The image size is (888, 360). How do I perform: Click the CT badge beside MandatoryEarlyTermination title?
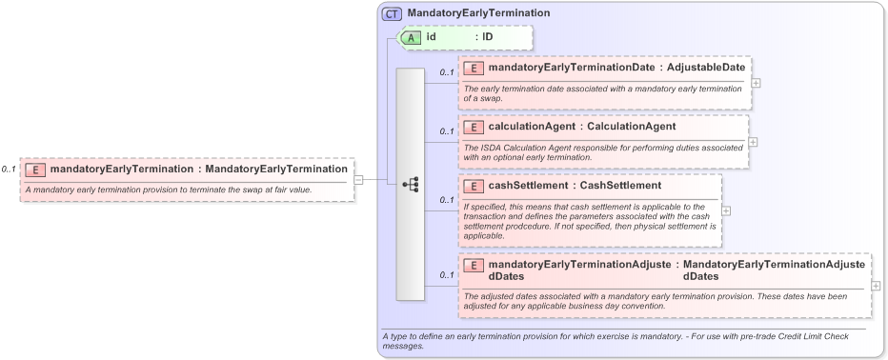[x=392, y=13]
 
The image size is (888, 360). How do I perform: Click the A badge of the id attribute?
[x=412, y=37]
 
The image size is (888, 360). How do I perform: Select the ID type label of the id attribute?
[x=487, y=37]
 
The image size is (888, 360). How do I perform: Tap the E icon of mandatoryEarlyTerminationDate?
[x=474, y=69]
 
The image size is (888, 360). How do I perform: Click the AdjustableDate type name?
[x=705, y=69]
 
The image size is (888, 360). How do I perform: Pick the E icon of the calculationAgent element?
[x=474, y=127]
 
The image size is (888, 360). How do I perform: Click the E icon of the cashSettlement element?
[x=474, y=186]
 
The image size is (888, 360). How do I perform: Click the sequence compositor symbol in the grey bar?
[x=411, y=184]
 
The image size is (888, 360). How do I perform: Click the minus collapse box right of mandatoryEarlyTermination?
[x=358, y=178]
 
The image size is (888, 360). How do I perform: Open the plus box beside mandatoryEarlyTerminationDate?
[x=756, y=82]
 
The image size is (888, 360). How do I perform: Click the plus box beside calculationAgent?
[x=753, y=142]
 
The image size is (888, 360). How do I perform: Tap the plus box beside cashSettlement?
[x=726, y=210]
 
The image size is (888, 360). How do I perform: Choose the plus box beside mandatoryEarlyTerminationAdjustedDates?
[x=876, y=286]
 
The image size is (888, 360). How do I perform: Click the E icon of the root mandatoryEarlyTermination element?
[x=35, y=170]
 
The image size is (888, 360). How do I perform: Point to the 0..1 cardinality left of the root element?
[x=9, y=170]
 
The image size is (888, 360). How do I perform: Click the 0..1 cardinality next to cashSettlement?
[x=446, y=200]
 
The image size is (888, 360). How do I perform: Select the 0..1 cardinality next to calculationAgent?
[x=446, y=131]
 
